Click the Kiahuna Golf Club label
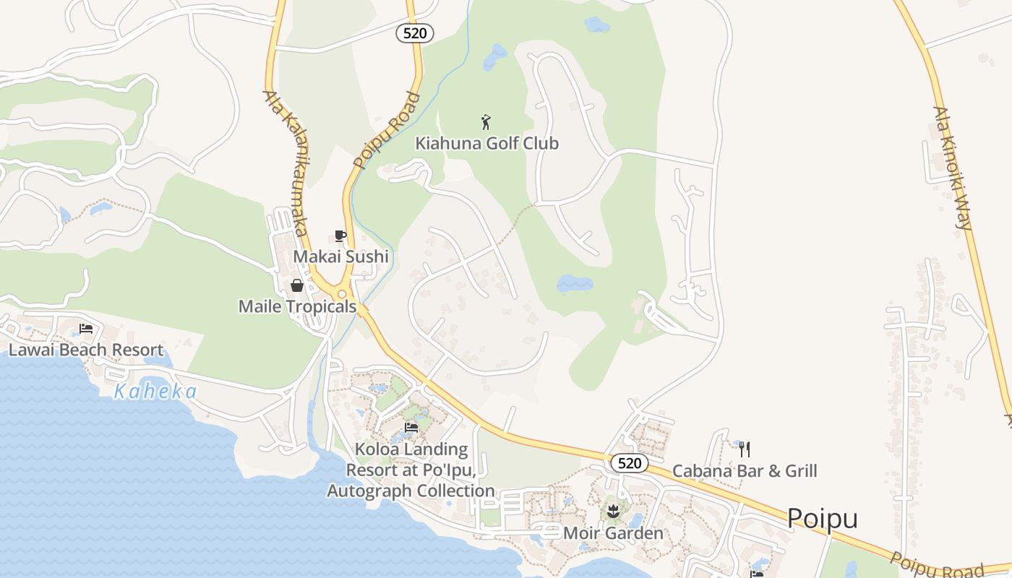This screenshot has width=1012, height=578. coord(486,143)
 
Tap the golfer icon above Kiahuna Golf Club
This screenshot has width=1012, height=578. coord(486,122)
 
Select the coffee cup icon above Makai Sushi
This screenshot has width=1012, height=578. coord(340,236)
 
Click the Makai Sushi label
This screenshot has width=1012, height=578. coord(340,256)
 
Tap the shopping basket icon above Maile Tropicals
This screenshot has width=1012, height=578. coord(297,285)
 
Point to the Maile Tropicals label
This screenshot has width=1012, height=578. coord(297,306)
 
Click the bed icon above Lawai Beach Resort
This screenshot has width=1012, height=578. coord(86,329)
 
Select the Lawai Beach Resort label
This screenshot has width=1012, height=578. coord(86,350)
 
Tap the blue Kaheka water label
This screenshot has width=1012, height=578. coord(155,392)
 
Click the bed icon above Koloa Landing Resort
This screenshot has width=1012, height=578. coord(411,428)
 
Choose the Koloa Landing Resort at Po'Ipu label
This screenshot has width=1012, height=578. coord(411,470)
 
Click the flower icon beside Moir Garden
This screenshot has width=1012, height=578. coord(614,513)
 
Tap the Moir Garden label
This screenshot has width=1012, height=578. coord(613,534)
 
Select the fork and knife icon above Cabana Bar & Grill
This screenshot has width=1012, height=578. coord(745,449)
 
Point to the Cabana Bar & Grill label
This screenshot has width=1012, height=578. coord(745,471)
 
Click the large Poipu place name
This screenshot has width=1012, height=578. coord(822,519)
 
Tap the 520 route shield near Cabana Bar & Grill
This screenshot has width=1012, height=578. coord(629,463)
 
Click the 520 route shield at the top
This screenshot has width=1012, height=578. coord(415,33)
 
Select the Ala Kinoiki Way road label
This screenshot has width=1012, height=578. coord(952,168)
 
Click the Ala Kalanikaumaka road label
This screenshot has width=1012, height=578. coord(286,163)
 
